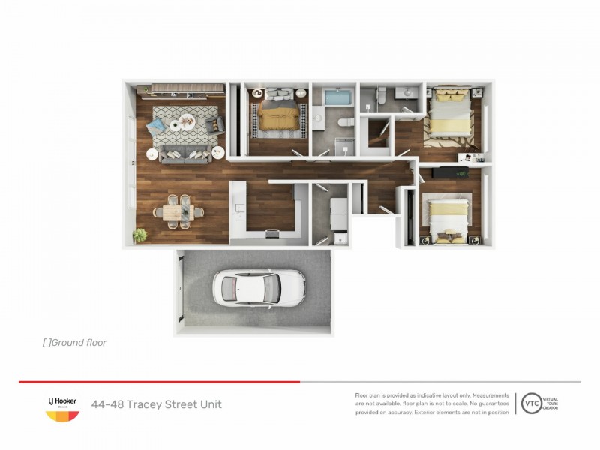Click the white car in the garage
point(258,286)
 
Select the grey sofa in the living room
point(184,155)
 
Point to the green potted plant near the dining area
point(140,235)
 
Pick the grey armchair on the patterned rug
point(213,124)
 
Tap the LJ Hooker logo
point(62,408)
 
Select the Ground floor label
point(75,343)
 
